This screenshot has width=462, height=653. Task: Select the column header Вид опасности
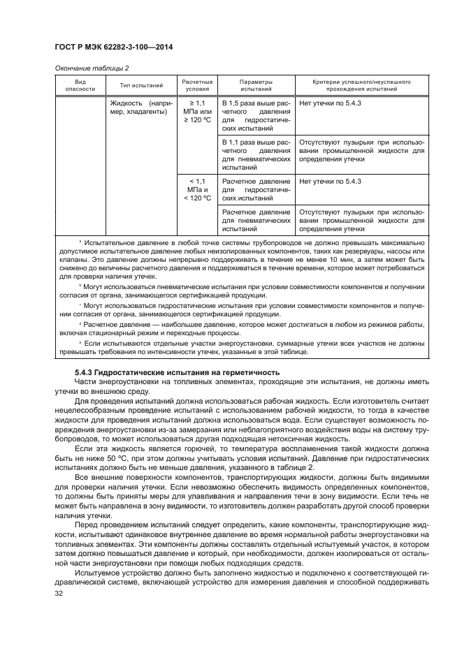pos(75,86)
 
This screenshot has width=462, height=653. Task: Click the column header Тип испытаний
pos(141,86)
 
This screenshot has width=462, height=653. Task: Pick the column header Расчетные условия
pos(196,86)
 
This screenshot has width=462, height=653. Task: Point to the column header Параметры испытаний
pos(256,86)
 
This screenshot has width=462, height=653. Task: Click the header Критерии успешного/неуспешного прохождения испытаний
pos(361,86)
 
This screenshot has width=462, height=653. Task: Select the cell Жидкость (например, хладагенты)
pos(140,108)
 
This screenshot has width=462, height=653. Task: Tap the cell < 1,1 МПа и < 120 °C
pos(196,189)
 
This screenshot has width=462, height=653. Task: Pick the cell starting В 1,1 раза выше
pos(256,154)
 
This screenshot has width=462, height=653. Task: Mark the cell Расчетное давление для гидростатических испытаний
pos(256,189)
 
